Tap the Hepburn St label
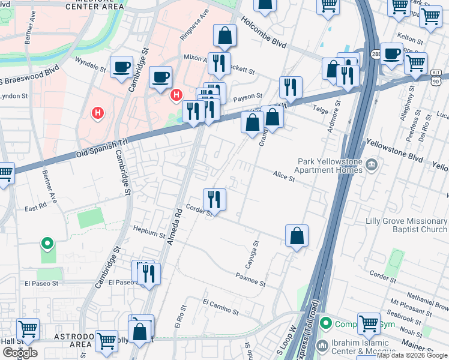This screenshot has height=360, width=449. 149,233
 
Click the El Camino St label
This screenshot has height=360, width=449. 220,308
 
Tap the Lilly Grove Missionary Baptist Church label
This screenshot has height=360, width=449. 406,225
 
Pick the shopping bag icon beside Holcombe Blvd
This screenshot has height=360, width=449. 224,37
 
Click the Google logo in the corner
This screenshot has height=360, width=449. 20,352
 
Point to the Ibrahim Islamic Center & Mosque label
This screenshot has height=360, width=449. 360,350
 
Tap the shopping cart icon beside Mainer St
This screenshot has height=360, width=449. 369,324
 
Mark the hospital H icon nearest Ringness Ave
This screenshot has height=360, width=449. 176,95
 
